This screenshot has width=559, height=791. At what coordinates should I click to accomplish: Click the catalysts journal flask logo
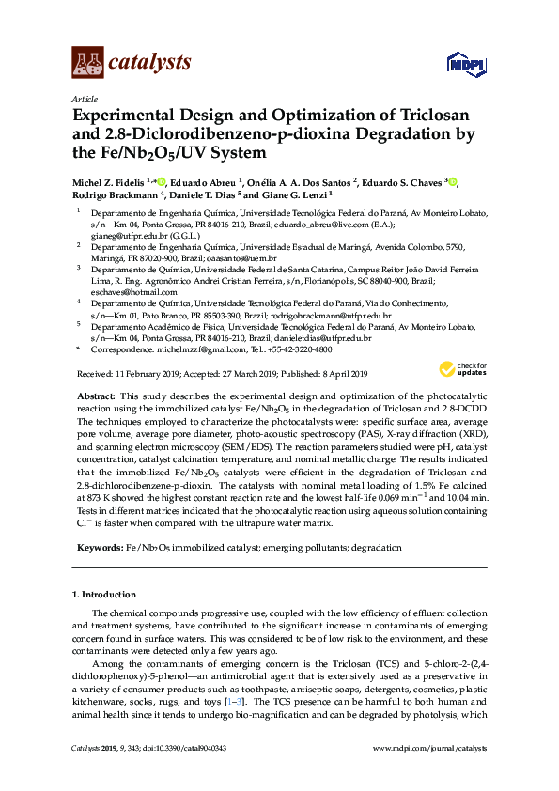86,62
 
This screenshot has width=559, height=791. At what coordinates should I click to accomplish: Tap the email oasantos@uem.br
243,258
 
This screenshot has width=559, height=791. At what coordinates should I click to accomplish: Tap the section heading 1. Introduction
104,595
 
